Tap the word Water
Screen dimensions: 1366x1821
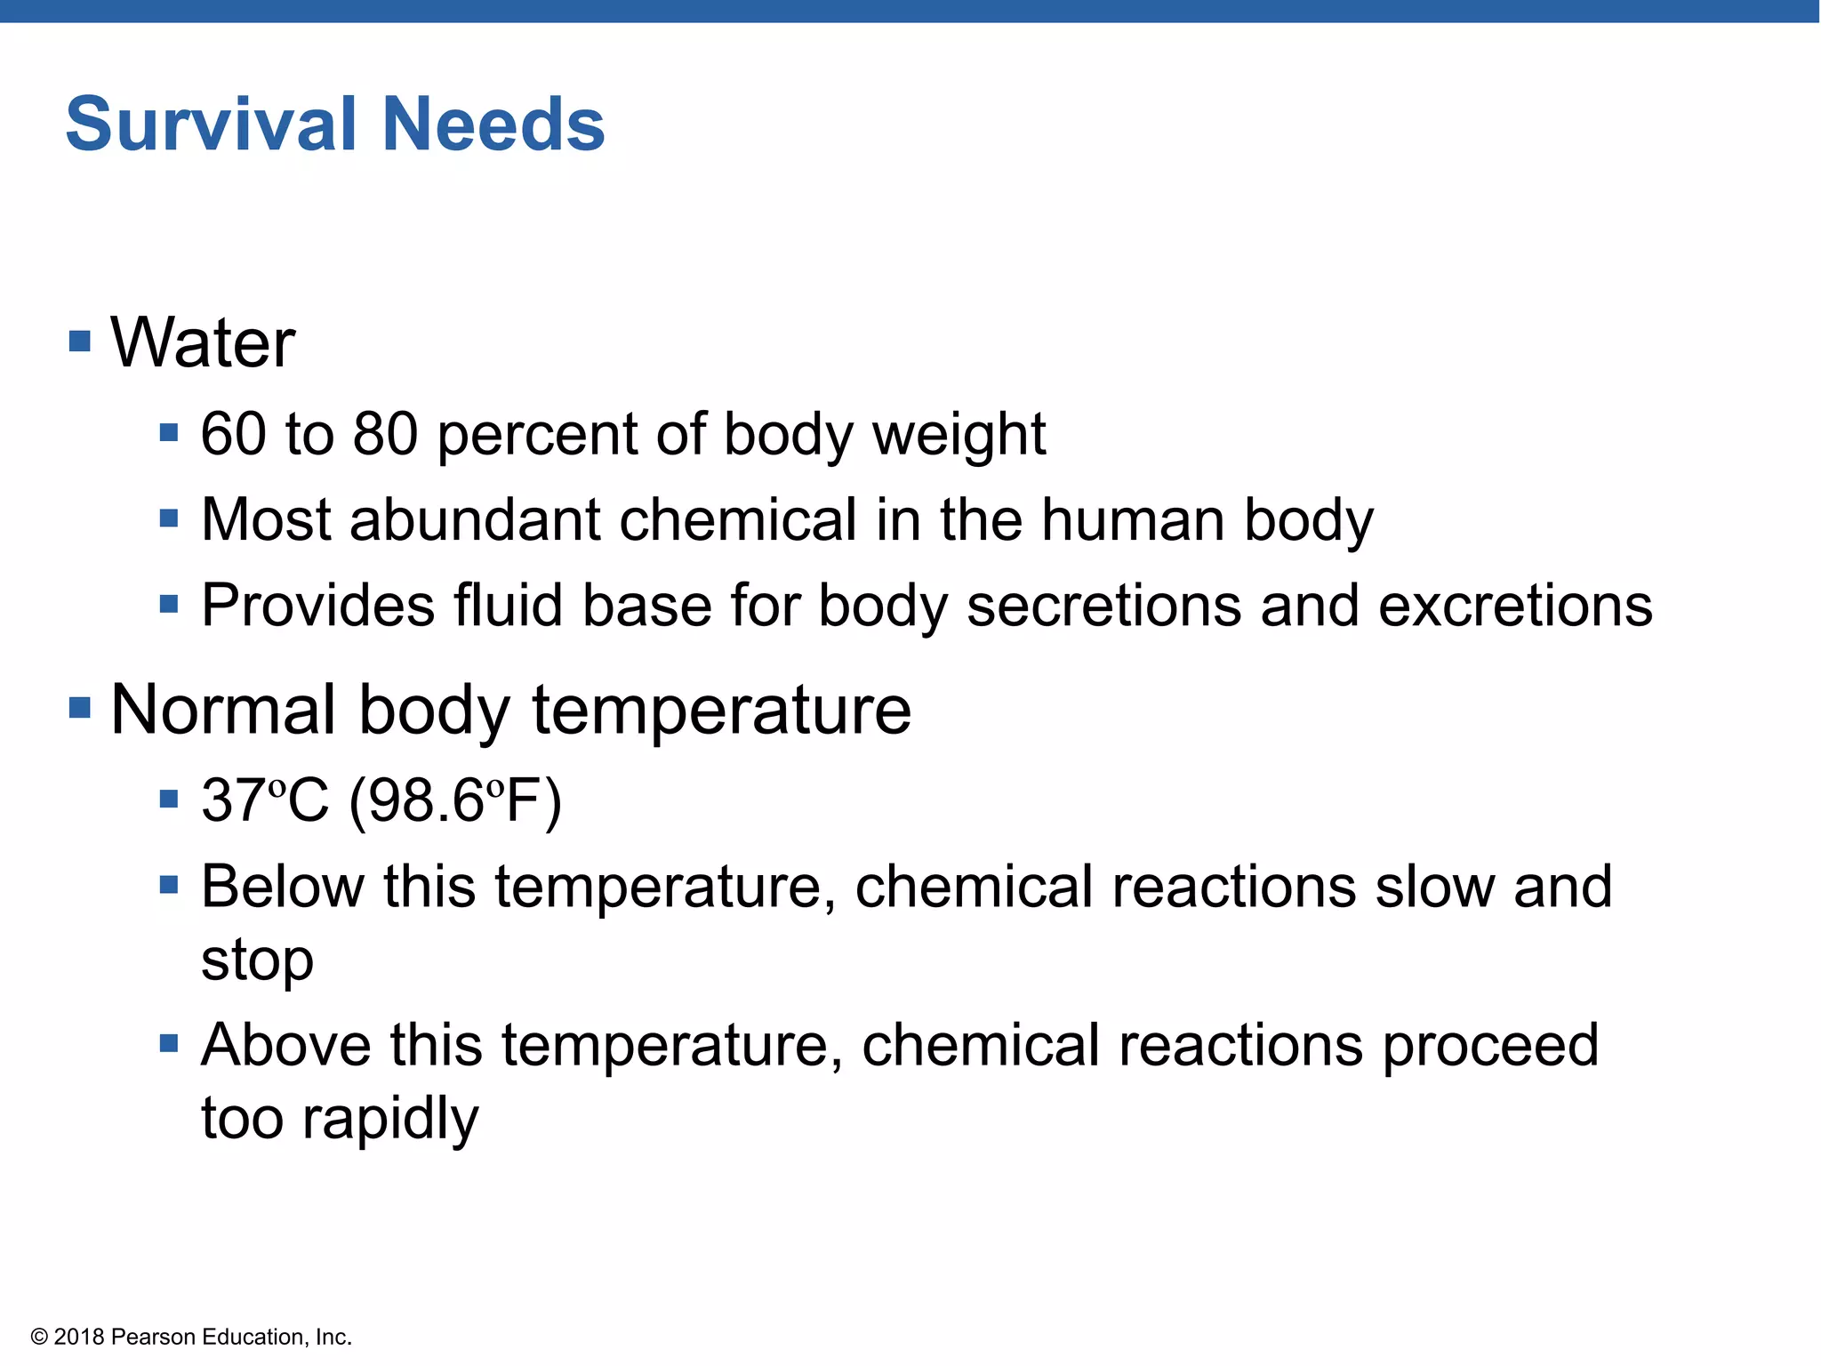pos(203,343)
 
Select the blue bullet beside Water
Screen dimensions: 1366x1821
pos(80,341)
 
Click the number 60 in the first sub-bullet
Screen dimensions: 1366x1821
pos(233,435)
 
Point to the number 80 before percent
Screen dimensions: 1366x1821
pos(385,435)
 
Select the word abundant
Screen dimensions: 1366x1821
pos(476,519)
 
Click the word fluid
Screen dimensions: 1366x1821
pos(507,606)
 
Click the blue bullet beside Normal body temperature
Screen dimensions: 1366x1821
pos(80,708)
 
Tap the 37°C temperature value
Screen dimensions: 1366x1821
pos(265,800)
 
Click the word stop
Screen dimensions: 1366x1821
pos(257,961)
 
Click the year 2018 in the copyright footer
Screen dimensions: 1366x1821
pos(79,1337)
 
